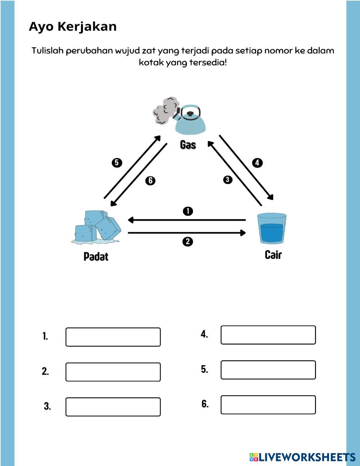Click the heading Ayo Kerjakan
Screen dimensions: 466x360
(x=72, y=27)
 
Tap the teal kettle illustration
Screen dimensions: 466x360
(x=190, y=120)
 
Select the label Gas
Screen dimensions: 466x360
(x=188, y=145)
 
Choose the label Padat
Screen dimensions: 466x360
(x=96, y=256)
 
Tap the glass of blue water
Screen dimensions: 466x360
(x=272, y=228)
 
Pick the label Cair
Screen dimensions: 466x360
(x=273, y=255)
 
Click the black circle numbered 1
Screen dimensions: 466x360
(x=188, y=211)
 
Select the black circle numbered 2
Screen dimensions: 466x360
(x=188, y=242)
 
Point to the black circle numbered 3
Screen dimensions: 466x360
(x=228, y=180)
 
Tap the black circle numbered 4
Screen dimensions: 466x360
(x=257, y=163)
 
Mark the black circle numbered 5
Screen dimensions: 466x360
(x=117, y=163)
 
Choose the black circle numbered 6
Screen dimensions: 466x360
(x=150, y=180)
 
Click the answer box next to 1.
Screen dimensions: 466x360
(x=113, y=337)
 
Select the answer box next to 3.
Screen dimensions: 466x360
(x=113, y=407)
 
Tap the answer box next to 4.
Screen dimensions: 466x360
(x=268, y=335)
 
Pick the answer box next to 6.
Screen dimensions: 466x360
(x=268, y=405)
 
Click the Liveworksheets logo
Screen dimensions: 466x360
(x=302, y=457)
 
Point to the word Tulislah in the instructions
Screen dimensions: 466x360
(x=47, y=51)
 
